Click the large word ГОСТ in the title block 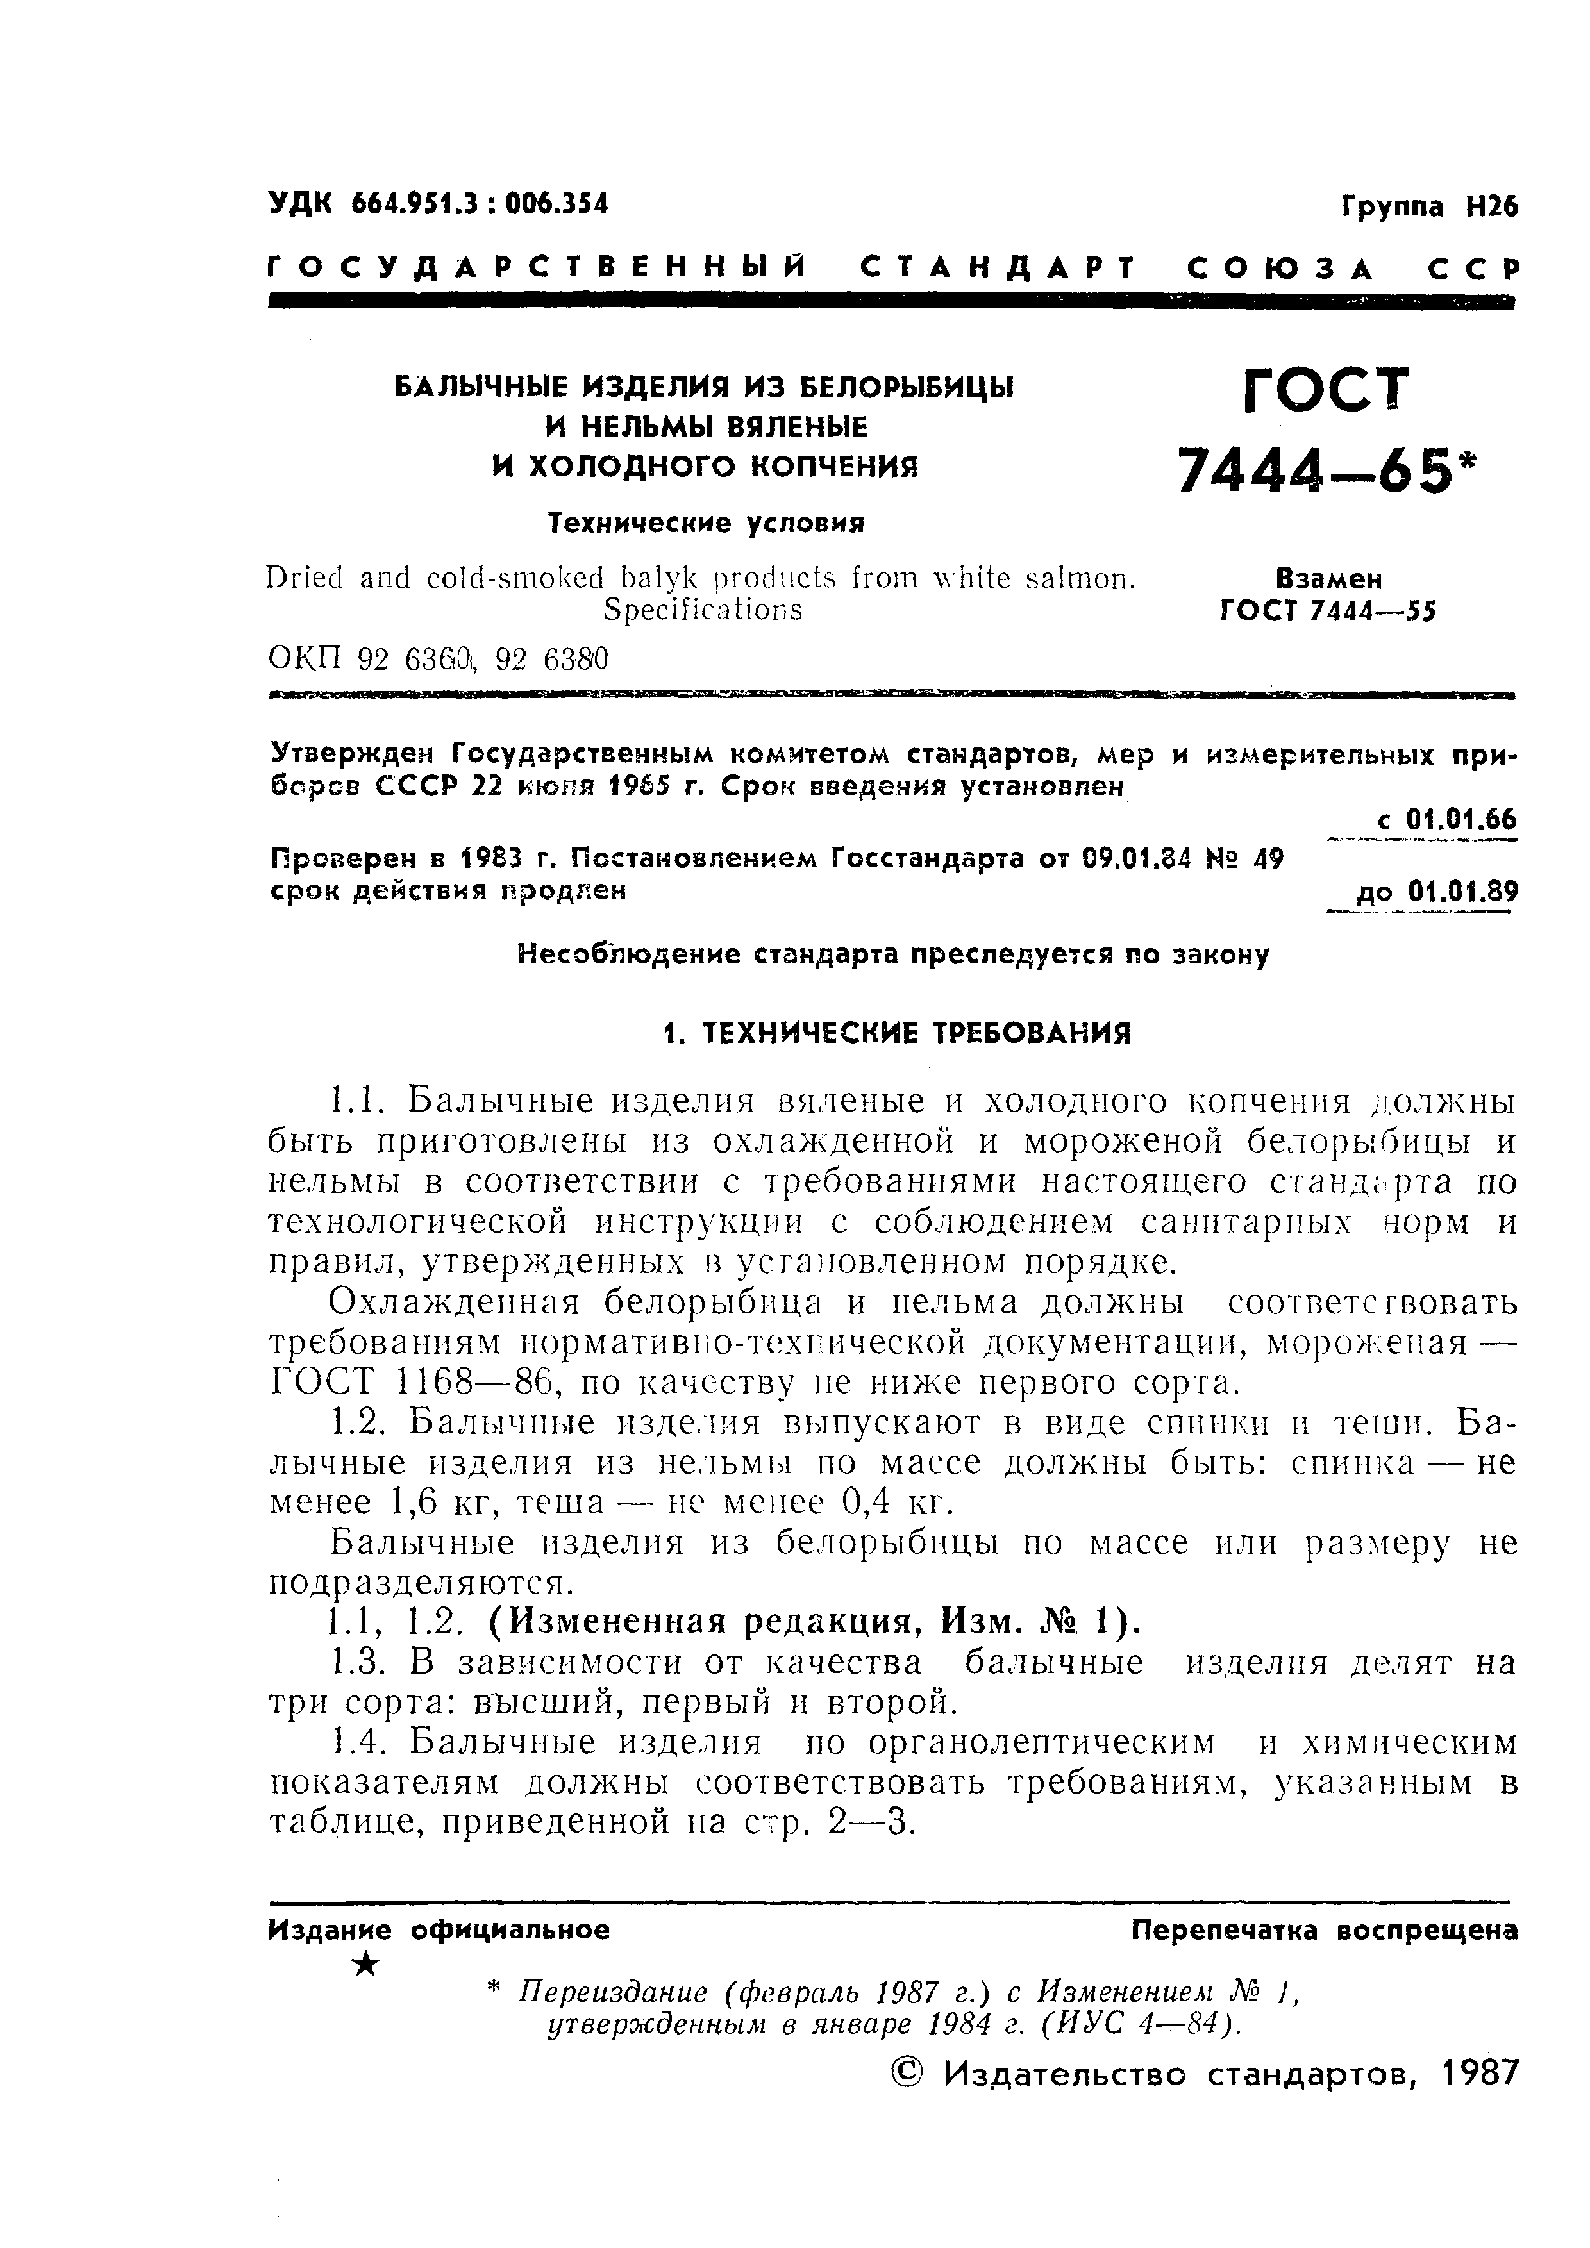1326,390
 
